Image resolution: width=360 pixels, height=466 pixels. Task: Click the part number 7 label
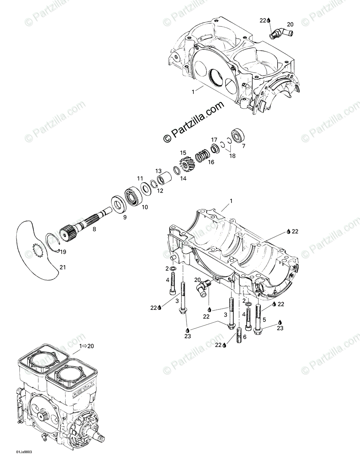click(x=243, y=146)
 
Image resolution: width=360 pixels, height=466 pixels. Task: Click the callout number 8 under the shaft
click(x=94, y=230)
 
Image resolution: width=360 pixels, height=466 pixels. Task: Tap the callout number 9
click(x=125, y=217)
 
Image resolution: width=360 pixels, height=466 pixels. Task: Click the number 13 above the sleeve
click(x=158, y=171)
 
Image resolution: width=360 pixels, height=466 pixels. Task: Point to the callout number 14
click(x=183, y=178)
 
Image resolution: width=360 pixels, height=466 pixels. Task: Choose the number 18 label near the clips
click(x=232, y=156)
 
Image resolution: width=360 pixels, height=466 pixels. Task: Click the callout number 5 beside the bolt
click(x=264, y=320)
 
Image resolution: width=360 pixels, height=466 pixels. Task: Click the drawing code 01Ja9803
click(x=24, y=452)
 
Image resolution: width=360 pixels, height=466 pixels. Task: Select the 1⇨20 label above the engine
click(x=87, y=346)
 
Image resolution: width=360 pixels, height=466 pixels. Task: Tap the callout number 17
click(x=214, y=139)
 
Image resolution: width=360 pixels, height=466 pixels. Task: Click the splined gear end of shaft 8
click(x=68, y=234)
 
